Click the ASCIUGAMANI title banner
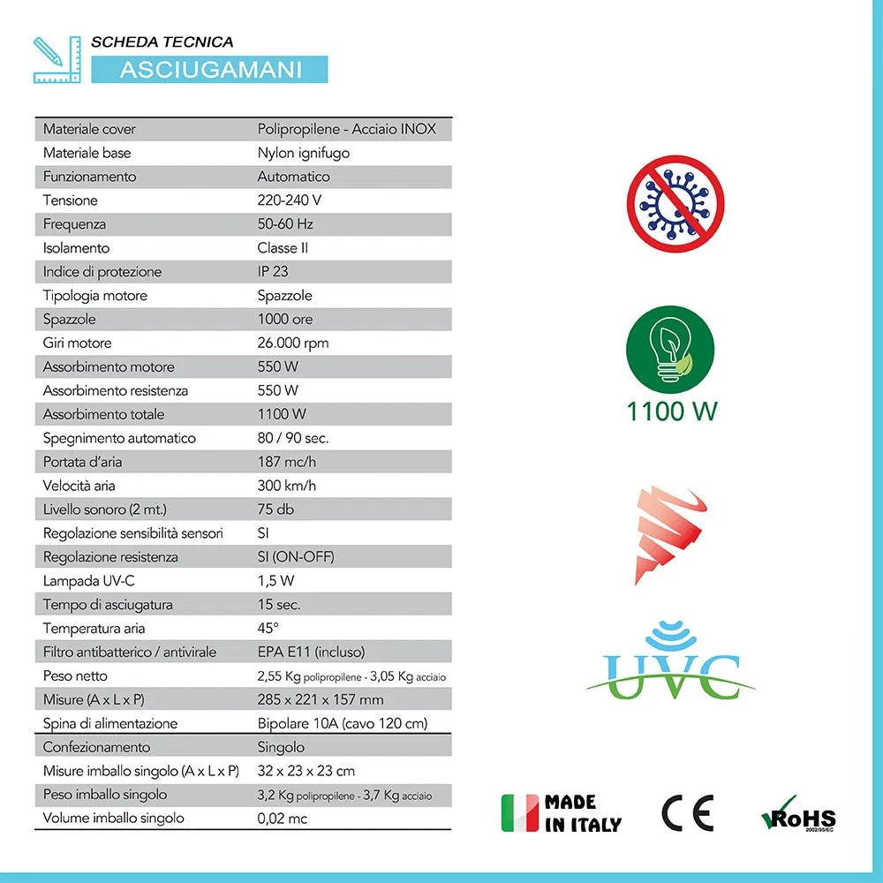[210, 69]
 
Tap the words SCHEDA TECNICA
[162, 42]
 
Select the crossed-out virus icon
[675, 204]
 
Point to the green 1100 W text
[672, 411]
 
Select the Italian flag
[519, 813]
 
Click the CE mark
[688, 813]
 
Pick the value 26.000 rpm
[293, 343]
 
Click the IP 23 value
[273, 271]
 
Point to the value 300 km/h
[287, 485]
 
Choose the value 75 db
[275, 509]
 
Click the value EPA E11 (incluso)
[311, 652]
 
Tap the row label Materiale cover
[89, 129]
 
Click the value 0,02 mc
[283, 818]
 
